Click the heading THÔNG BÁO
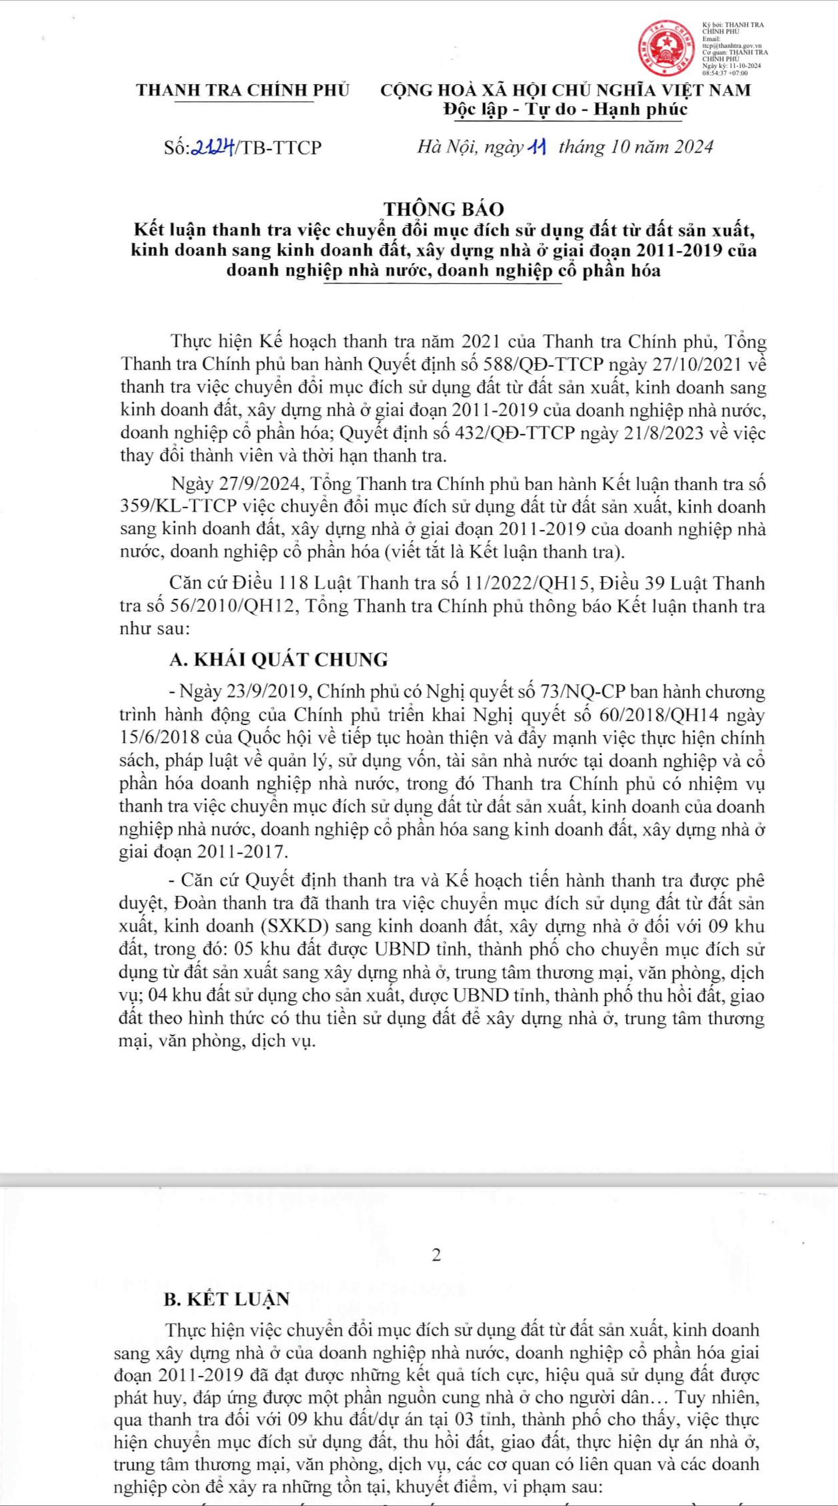pyautogui.click(x=444, y=209)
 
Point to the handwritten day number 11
pyautogui.click(x=537, y=147)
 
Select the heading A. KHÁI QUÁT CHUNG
pyautogui.click(x=279, y=660)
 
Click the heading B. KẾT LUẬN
pyautogui.click(x=227, y=1299)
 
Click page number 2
pyautogui.click(x=436, y=1255)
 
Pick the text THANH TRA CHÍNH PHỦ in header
pyautogui.click(x=243, y=91)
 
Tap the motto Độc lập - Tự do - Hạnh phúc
pyautogui.click(x=566, y=109)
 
